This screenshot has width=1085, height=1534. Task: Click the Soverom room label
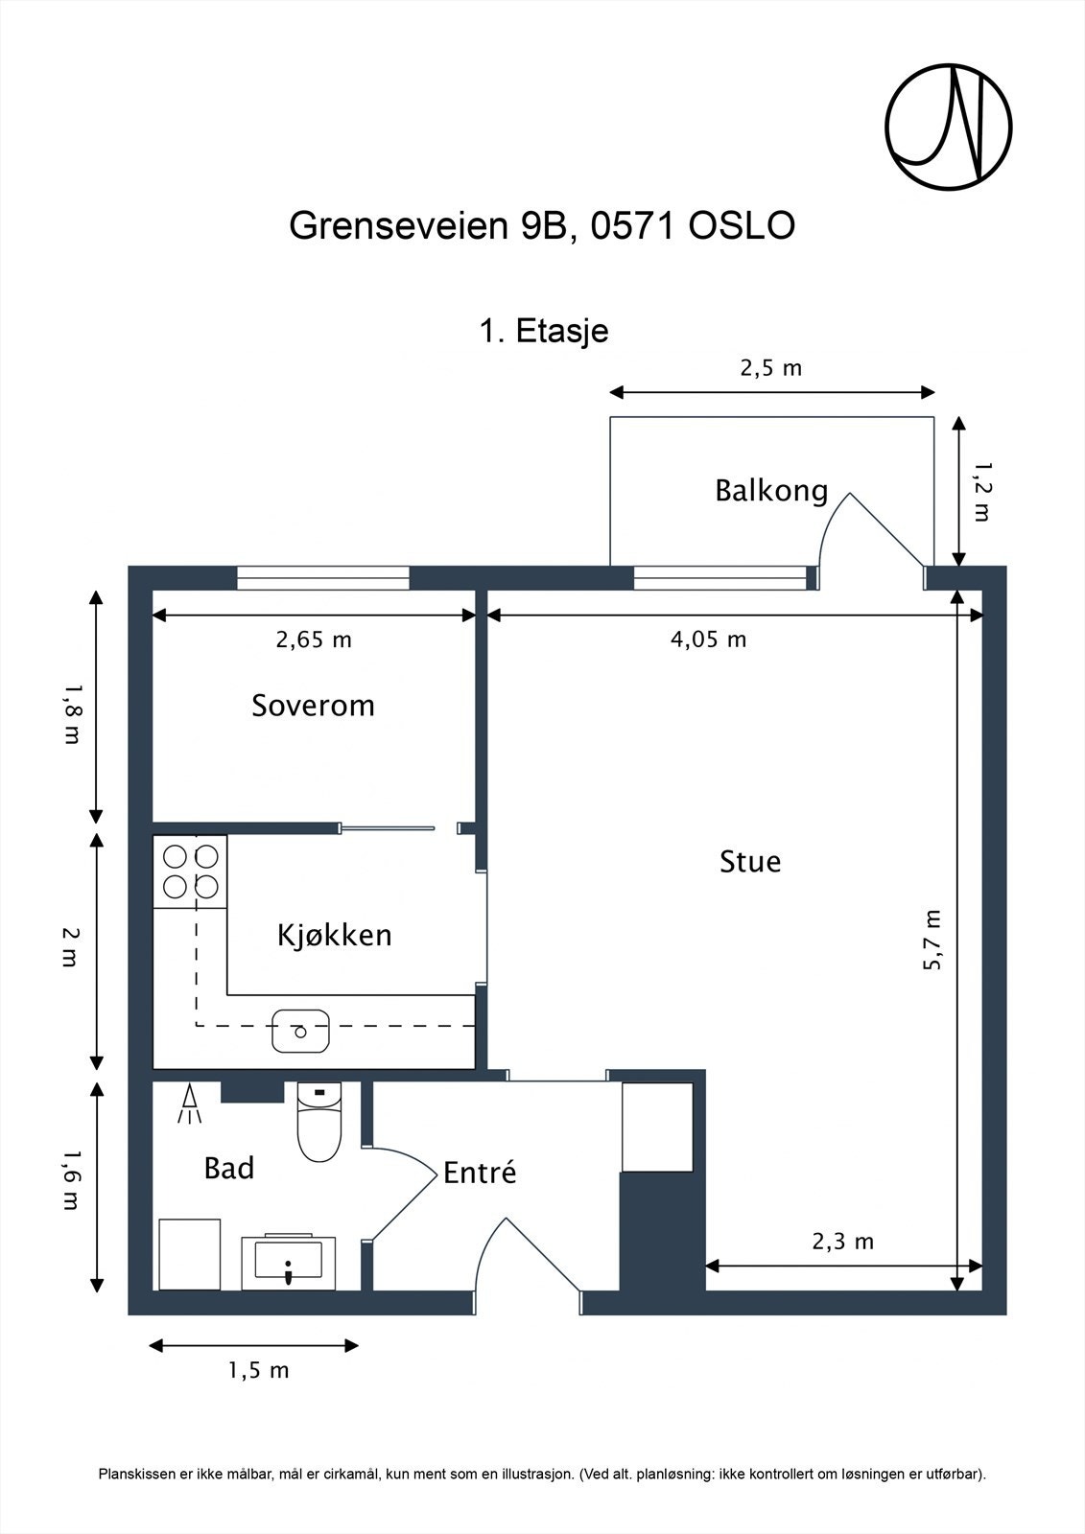point(314,706)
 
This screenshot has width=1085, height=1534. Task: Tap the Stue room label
point(750,862)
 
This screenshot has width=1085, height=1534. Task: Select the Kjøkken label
point(335,936)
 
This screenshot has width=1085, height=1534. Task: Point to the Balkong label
point(771,491)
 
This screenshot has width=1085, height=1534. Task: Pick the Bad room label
point(229,1168)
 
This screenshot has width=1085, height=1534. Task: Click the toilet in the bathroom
point(319,1122)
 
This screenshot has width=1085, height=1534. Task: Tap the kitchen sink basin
point(300,1030)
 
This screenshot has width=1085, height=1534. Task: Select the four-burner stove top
point(190,872)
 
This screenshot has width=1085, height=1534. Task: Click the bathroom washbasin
point(288,1261)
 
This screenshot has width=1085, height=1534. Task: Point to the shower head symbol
point(190,1104)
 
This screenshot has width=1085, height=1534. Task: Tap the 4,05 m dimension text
point(708,639)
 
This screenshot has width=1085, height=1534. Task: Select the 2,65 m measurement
point(314,639)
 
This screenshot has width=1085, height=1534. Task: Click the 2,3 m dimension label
point(843,1242)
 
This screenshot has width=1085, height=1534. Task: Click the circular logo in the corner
point(949,128)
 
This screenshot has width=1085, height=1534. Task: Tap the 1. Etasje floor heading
point(544,332)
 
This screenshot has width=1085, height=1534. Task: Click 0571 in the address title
point(633,225)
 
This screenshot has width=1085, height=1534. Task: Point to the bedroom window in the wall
point(323,577)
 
